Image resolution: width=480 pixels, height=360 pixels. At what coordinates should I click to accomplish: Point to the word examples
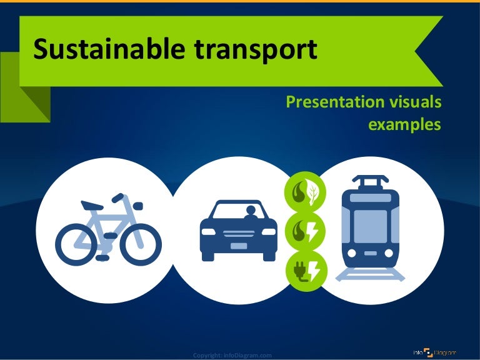pos(404,124)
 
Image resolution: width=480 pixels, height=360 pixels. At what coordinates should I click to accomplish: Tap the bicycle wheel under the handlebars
pos(141,242)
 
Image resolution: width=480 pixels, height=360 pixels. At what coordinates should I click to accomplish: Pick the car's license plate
pos(238,246)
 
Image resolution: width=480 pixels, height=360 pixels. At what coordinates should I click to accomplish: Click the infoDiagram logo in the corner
pos(435,352)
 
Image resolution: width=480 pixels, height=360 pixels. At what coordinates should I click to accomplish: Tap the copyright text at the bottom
pos(232,356)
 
